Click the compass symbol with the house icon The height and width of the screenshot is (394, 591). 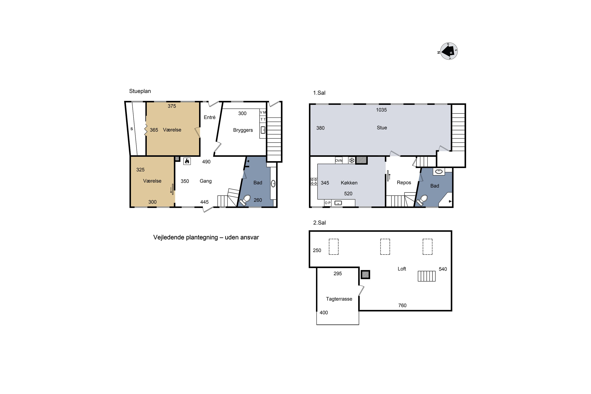click(x=449, y=51)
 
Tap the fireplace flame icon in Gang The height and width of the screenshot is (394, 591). click(x=187, y=161)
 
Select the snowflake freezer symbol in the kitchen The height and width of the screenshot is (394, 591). click(x=351, y=160)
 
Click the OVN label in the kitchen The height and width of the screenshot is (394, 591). click(x=339, y=161)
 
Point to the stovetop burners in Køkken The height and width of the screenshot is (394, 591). click(x=314, y=181)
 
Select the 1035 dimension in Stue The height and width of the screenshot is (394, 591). click(x=381, y=110)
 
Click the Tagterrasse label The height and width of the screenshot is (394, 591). click(x=339, y=299)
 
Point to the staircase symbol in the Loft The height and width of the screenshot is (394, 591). click(x=427, y=276)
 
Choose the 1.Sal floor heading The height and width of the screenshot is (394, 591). click(x=319, y=93)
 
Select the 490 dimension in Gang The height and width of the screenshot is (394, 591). click(x=206, y=162)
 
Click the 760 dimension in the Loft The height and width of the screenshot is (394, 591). click(x=402, y=306)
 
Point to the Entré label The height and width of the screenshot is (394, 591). click(x=210, y=117)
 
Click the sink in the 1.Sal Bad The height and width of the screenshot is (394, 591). click(x=439, y=172)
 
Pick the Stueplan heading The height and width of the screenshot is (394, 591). click(x=140, y=91)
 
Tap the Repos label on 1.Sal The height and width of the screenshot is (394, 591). click(x=404, y=183)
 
